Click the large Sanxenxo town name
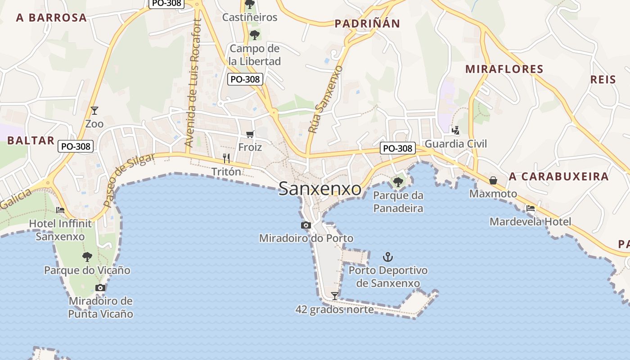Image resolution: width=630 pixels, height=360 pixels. coord(319,189)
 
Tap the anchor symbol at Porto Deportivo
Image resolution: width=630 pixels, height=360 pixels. coord(387,257)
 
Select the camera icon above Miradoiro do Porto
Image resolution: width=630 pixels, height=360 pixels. coord(306,225)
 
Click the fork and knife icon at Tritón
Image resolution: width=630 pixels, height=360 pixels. coord(226,158)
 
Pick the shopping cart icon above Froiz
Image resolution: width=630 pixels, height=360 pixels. coord(250,134)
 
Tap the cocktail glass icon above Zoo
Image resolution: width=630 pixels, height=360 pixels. coord(94,110)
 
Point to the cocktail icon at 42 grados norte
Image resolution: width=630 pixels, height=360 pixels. coord(334,296)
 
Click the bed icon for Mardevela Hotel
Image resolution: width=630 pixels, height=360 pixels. coord(531,208)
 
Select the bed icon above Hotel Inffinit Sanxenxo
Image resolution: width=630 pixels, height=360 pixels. coord(60,210)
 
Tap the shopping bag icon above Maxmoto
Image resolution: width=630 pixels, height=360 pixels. coord(493,180)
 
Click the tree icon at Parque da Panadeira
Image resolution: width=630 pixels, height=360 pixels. coord(398,182)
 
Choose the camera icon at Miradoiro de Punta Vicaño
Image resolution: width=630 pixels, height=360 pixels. coord(100,288)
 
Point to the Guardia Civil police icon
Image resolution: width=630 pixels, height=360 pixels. coord(456,130)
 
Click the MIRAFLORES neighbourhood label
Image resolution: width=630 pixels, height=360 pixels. coord(504,69)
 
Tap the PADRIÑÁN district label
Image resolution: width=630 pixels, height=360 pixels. coord(367,24)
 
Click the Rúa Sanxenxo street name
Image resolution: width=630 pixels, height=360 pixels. coord(325,99)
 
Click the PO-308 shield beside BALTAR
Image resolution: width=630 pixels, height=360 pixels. coord(76,146)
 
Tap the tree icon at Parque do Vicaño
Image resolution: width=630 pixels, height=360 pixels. coord(87,257)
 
